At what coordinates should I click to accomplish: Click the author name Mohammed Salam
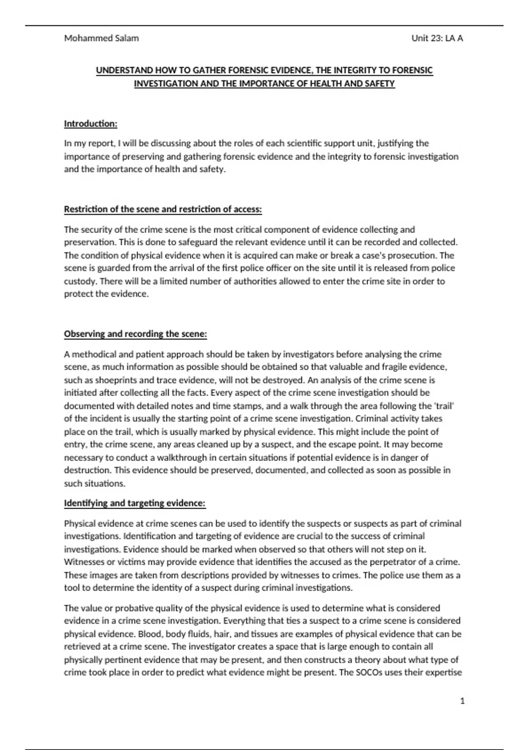pos(101,38)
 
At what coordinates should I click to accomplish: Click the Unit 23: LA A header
pos(437,38)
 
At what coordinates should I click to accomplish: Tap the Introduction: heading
pos(91,124)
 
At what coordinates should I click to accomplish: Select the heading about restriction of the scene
pos(163,210)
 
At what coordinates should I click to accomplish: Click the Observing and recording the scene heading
pos(135,334)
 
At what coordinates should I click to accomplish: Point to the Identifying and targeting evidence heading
pos(135,503)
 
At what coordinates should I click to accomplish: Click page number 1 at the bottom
pos(462,701)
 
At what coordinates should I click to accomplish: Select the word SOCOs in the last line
pos(369,673)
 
